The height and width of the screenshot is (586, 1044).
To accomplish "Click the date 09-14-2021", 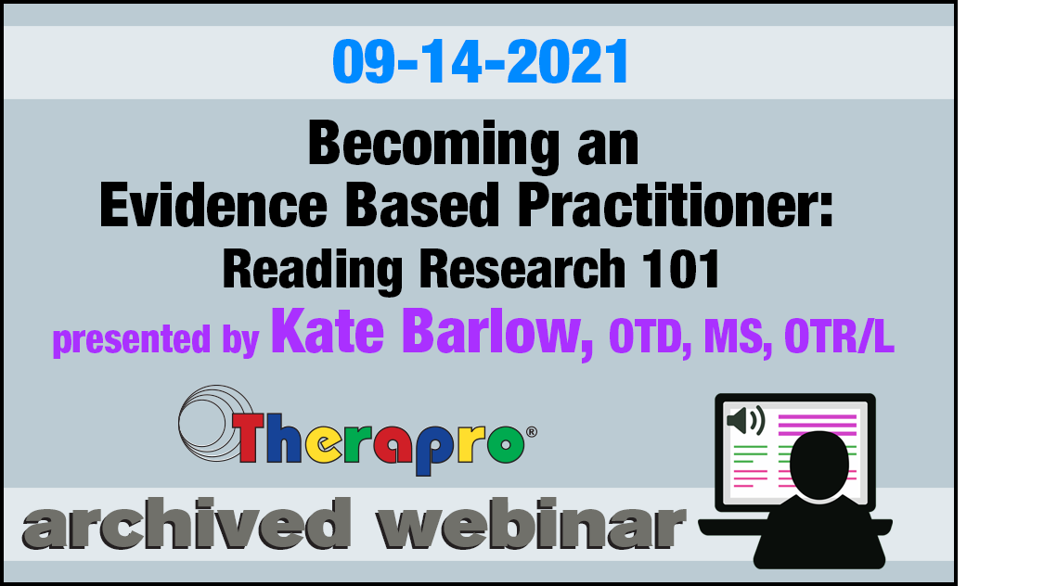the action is (480, 61).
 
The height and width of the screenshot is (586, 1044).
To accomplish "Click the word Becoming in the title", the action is (433, 145).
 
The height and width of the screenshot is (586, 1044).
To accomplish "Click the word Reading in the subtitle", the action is (312, 269).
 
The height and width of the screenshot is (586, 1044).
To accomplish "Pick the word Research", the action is (522, 269).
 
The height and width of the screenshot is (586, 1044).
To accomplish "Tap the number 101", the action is (681, 269).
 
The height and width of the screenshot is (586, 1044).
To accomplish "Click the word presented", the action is (132, 339).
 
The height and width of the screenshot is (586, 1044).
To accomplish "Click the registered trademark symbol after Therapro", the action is (532, 432).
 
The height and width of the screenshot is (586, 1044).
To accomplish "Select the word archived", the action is (187, 523).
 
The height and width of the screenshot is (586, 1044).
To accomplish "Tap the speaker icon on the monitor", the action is (746, 420).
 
